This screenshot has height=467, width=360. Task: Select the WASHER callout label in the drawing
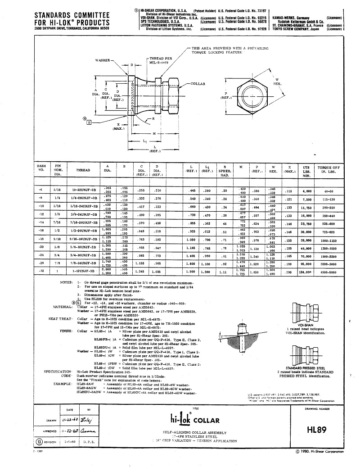point(103,60)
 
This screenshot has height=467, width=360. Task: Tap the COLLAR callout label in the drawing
point(198,84)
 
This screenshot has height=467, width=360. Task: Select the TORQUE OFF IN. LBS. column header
point(328,170)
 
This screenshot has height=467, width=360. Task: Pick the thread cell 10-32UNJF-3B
point(83,190)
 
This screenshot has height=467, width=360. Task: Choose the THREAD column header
point(83,170)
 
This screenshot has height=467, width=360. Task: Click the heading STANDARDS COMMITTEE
point(71,15)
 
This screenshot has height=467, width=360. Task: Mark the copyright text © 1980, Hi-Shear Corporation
point(319,451)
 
